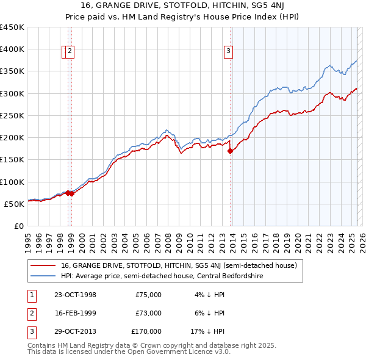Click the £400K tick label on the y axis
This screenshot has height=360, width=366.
pyautogui.click(x=12, y=49)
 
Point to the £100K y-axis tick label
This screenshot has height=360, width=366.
pyautogui.click(x=12, y=182)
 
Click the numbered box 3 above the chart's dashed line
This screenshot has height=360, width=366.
pyautogui.click(x=228, y=52)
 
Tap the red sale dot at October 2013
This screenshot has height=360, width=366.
pyautogui.click(x=230, y=151)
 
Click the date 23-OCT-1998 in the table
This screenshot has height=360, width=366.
pyautogui.click(x=75, y=295)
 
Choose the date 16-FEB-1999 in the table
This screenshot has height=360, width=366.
pyautogui.click(x=75, y=313)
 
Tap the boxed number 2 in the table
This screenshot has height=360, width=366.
pyautogui.click(x=30, y=313)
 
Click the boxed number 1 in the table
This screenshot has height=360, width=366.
pyautogui.click(x=30, y=295)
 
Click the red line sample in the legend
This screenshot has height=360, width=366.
pyautogui.click(x=42, y=265)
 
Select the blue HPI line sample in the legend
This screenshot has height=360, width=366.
pyautogui.click(x=42, y=276)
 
